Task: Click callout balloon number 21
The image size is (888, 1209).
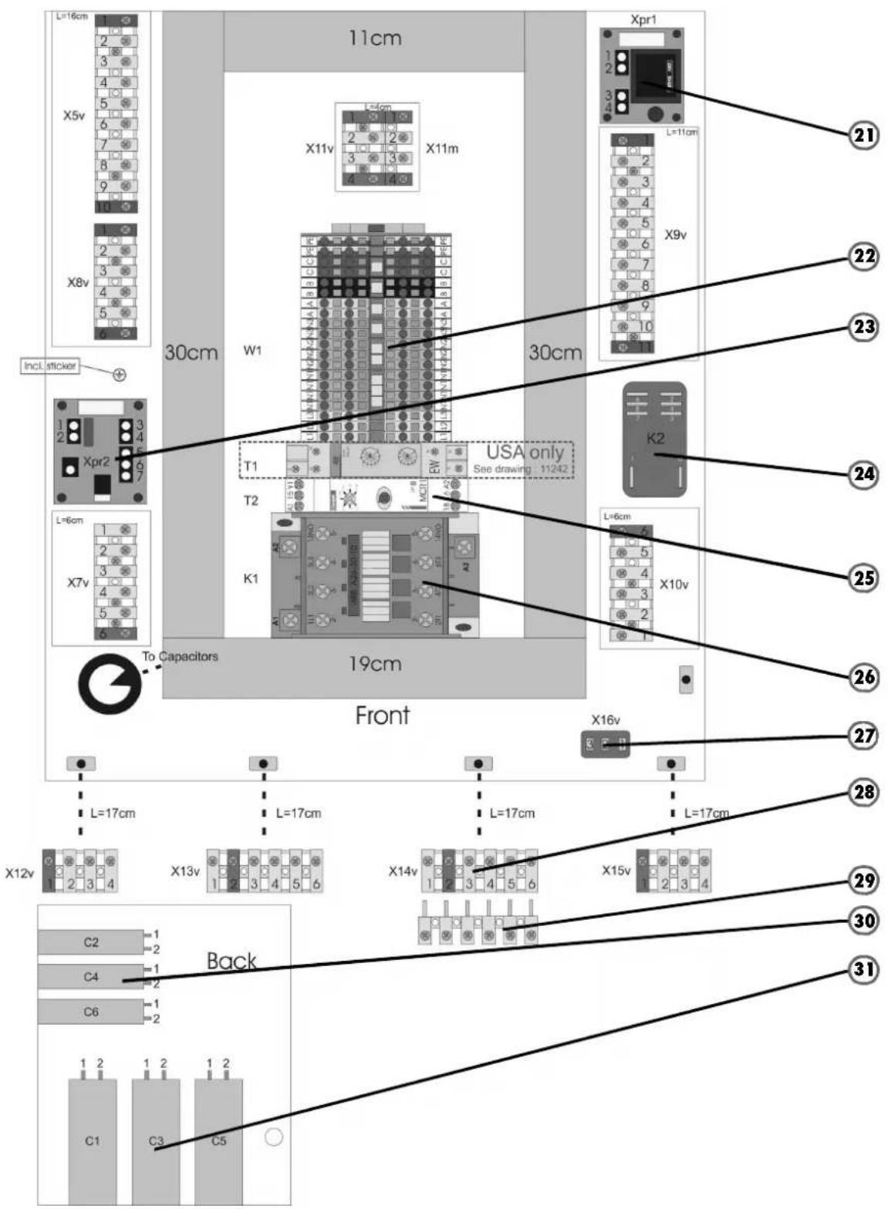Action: [863, 136]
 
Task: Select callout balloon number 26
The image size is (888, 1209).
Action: [863, 677]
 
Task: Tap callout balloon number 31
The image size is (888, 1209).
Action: [863, 969]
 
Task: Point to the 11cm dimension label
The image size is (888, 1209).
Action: [374, 38]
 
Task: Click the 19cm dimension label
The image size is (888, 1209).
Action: [374, 664]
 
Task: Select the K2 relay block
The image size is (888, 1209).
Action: [654, 439]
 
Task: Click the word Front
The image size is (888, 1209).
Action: [382, 716]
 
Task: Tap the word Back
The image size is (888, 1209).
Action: [231, 961]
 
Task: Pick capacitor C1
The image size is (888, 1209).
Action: [93, 1140]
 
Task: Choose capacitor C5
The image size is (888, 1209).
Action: [218, 1140]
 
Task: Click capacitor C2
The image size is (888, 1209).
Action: [91, 941]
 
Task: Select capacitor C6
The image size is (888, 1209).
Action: [91, 1012]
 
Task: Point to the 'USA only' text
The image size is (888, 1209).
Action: [525, 452]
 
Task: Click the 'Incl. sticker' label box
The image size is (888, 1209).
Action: [50, 366]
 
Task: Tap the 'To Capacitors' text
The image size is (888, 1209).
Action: [180, 656]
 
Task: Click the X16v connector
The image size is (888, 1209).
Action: [605, 744]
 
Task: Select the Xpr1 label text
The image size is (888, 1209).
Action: [643, 19]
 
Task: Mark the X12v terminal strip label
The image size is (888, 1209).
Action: [19, 873]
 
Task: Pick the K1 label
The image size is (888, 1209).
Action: [251, 578]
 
